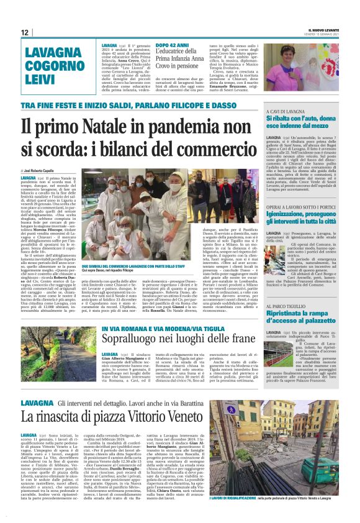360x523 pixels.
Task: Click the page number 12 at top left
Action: tap(25, 32)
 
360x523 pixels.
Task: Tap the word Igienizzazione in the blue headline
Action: tap(287, 213)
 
